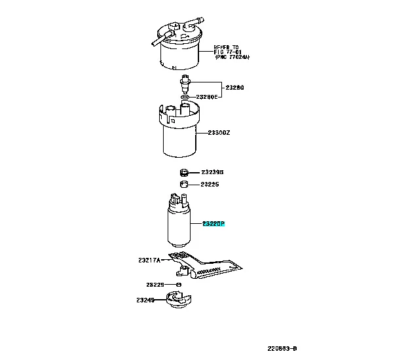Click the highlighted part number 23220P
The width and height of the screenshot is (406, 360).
coord(213,223)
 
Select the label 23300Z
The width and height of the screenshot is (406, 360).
coord(219,133)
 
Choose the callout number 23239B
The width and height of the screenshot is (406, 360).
coord(213,172)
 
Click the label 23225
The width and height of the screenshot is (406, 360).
coord(210,185)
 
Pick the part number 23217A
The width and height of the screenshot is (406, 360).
coord(149,260)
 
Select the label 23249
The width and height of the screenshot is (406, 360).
coord(145,300)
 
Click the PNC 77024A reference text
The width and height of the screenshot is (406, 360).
coord(232,58)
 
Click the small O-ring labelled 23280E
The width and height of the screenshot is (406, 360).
coord(185,97)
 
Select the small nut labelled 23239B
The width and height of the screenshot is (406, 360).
coord(185,172)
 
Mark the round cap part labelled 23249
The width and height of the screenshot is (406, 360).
coord(175,303)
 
